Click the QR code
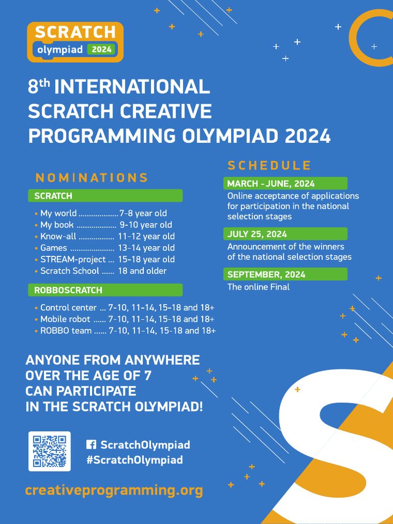click(x=49, y=451)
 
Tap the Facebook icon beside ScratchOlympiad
click(x=91, y=445)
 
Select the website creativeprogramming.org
click(x=114, y=490)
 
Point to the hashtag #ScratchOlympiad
click(x=135, y=460)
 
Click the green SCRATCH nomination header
click(x=105, y=195)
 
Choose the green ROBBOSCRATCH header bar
click(x=105, y=290)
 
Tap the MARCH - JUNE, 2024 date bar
click(x=285, y=183)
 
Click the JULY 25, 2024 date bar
click(x=285, y=234)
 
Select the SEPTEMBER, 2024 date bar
click(x=285, y=274)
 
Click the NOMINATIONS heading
click(x=92, y=178)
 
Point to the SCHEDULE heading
click(x=269, y=165)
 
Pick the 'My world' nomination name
click(x=58, y=213)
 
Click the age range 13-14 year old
click(x=146, y=248)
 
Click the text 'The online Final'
click(x=258, y=287)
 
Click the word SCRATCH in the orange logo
click(x=75, y=32)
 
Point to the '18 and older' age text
click(x=142, y=271)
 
